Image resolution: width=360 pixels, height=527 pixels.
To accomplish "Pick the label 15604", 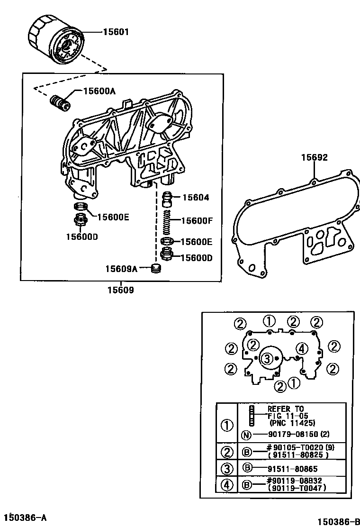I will coord(196,198).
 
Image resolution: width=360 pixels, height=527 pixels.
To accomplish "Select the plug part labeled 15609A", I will coord(155,269).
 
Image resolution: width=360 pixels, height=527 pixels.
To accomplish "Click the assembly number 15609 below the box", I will coord(120,290).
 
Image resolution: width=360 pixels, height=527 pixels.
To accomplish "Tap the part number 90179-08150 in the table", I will coord(293,434).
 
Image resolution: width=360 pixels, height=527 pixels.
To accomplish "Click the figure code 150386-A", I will coord(26,517).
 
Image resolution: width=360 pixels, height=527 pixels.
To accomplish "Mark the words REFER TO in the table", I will coord(286,409).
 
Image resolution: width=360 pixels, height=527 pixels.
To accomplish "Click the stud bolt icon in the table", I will coord(252,416).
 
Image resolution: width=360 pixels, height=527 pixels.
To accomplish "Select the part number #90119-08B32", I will coord(297,481).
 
